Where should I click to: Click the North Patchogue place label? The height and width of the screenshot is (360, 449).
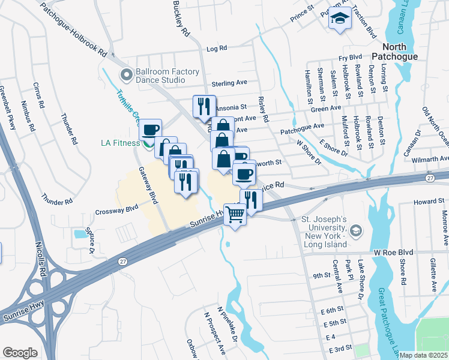coord(397,52)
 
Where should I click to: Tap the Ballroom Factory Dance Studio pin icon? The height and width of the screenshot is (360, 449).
coord(126,75)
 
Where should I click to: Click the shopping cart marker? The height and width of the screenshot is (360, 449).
coord(235,214)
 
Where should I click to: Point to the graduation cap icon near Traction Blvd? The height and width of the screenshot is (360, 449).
coord(340,19)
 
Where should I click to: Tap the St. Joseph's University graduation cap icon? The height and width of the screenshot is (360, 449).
coord(356,230)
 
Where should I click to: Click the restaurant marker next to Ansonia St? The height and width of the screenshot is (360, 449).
coord(203,107)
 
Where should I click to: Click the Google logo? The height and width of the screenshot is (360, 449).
coord(20,352)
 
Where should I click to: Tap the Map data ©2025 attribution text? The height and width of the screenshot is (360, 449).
coord(423,355)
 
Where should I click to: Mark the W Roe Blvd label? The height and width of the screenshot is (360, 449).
coord(394,253)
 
